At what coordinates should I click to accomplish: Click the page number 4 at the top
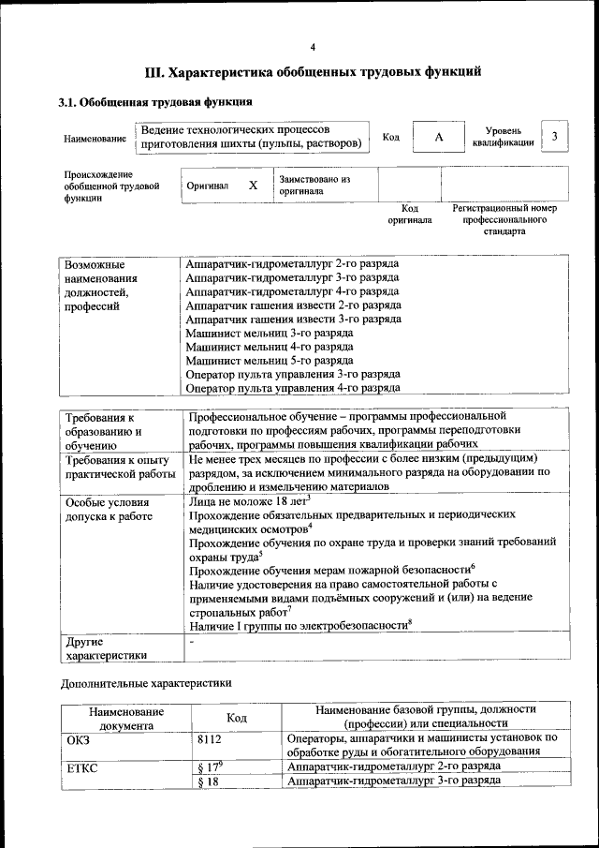pyautogui.click(x=313, y=47)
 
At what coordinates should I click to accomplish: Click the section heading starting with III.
pyautogui.click(x=313, y=71)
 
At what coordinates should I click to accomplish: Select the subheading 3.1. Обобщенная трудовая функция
pyautogui.click(x=154, y=101)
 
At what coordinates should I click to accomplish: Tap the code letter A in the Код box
pyautogui.click(x=438, y=138)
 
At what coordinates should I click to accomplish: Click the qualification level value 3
pyautogui.click(x=555, y=137)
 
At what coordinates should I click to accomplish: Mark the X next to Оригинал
pyautogui.click(x=253, y=185)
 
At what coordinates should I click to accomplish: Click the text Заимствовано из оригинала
pyautogui.click(x=314, y=185)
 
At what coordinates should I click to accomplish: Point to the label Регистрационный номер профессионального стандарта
pyautogui.click(x=504, y=219)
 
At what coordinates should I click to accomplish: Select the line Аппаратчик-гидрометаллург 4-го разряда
pyautogui.click(x=292, y=291)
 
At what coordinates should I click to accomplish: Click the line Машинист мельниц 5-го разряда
pyautogui.click(x=270, y=360)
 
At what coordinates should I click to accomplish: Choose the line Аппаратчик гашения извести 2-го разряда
pyautogui.click(x=294, y=305)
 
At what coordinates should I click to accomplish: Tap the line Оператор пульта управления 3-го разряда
pyautogui.click(x=293, y=374)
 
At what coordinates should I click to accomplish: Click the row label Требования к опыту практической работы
pyautogui.click(x=120, y=467)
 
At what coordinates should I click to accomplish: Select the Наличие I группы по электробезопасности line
pyautogui.click(x=299, y=624)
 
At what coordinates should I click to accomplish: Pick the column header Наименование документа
pyautogui.click(x=125, y=718)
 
